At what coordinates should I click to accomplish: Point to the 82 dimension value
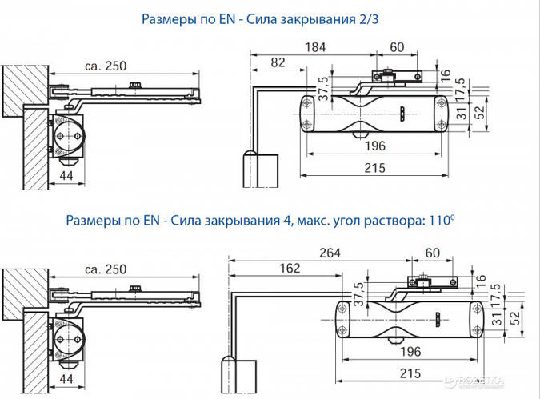click(277, 62)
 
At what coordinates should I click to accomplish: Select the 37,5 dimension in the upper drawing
click(324, 87)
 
